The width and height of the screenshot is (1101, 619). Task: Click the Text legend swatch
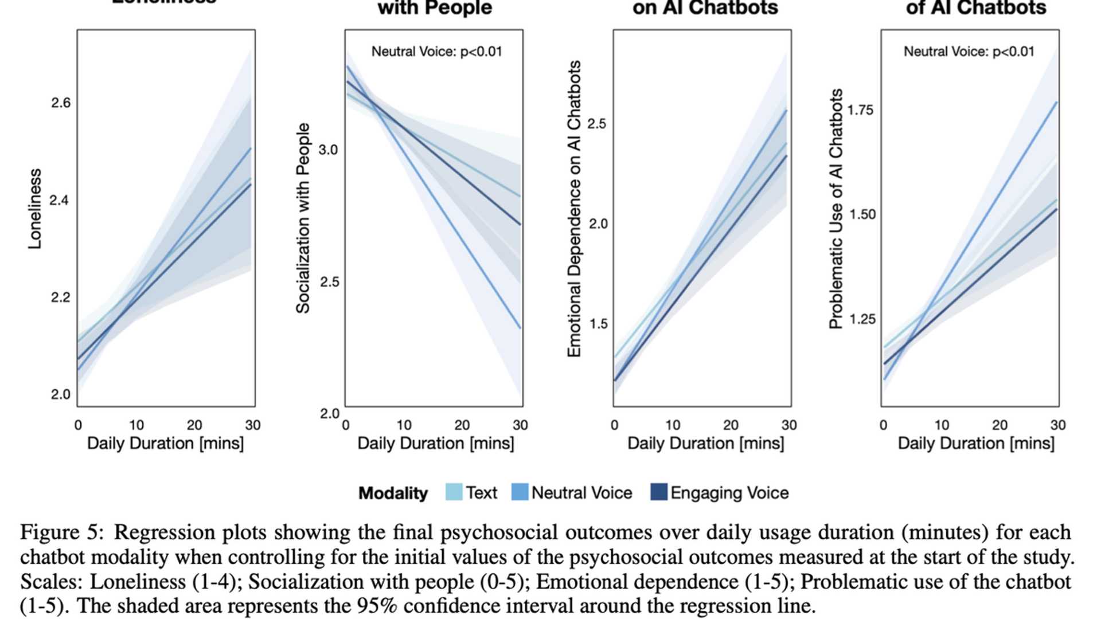(x=454, y=492)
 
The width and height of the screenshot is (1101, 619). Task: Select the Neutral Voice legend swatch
(x=520, y=492)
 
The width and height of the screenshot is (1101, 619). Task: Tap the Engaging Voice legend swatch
(x=659, y=492)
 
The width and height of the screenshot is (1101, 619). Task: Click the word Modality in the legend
(x=393, y=493)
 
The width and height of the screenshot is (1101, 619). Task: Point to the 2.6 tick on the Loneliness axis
(x=61, y=103)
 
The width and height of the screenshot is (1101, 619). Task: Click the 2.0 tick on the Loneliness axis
(x=61, y=394)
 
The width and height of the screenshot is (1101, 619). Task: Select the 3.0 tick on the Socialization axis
(x=328, y=150)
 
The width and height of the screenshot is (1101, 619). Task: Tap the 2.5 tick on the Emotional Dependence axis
(x=597, y=124)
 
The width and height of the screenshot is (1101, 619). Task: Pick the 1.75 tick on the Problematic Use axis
(x=861, y=110)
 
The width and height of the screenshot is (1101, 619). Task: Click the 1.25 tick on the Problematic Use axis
(x=861, y=319)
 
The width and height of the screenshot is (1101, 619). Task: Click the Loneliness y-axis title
(x=36, y=209)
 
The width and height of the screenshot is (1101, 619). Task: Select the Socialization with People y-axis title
(x=303, y=218)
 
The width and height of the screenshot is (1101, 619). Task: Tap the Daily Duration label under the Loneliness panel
(x=165, y=444)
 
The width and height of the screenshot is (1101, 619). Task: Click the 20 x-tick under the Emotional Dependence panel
(x=731, y=425)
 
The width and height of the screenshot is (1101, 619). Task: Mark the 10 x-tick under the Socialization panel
(x=404, y=425)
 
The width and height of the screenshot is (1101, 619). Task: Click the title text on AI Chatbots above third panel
(x=705, y=8)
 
